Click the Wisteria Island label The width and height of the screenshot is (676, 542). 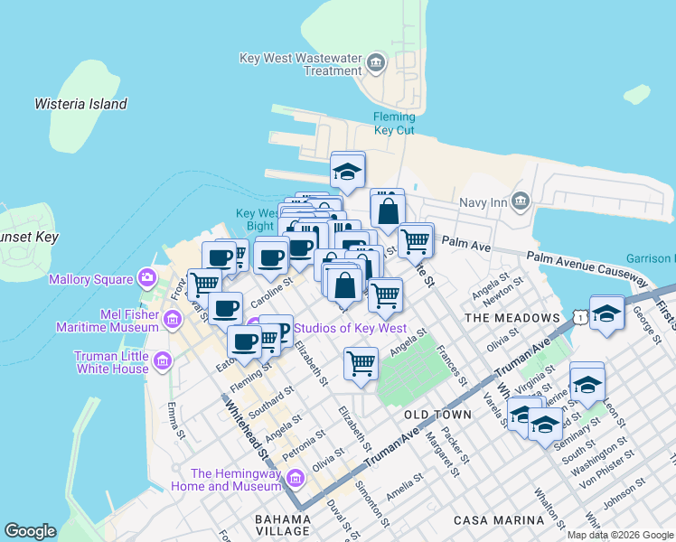point(80,104)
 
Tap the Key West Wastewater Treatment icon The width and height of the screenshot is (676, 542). point(377,63)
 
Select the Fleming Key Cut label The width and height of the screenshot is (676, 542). point(394,123)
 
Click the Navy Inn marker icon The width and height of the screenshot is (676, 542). point(520,201)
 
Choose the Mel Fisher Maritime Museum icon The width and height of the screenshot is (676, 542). point(171,318)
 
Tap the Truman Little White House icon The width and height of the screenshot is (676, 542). point(163,362)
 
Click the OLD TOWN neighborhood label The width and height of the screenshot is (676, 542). point(437,415)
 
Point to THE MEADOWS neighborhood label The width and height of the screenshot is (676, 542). point(512,318)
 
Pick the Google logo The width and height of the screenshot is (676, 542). point(30,531)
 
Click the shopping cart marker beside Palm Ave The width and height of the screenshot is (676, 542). point(415,241)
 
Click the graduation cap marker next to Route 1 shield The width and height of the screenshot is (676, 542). point(607,314)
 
